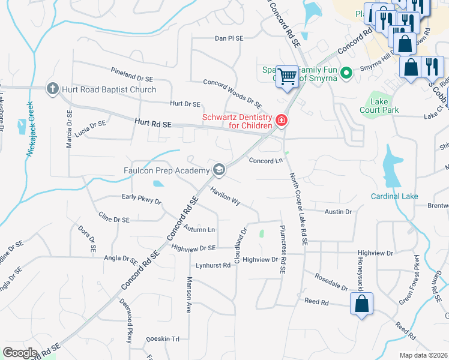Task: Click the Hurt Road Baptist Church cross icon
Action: coord(53,89)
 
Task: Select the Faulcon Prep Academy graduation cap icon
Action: coord(219,170)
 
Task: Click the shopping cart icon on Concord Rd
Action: coord(288,76)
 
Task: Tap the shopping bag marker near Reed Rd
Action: coord(362,304)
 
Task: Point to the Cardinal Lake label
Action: coord(394,196)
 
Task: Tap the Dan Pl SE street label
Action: coord(229,38)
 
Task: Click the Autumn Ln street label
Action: coord(200,229)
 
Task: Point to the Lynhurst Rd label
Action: coord(212,265)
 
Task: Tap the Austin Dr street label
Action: coord(338,212)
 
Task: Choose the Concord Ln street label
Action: coord(265,161)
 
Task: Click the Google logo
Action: coord(20,353)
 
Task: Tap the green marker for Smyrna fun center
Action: coord(346,73)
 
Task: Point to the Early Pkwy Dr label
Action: coord(142,199)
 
